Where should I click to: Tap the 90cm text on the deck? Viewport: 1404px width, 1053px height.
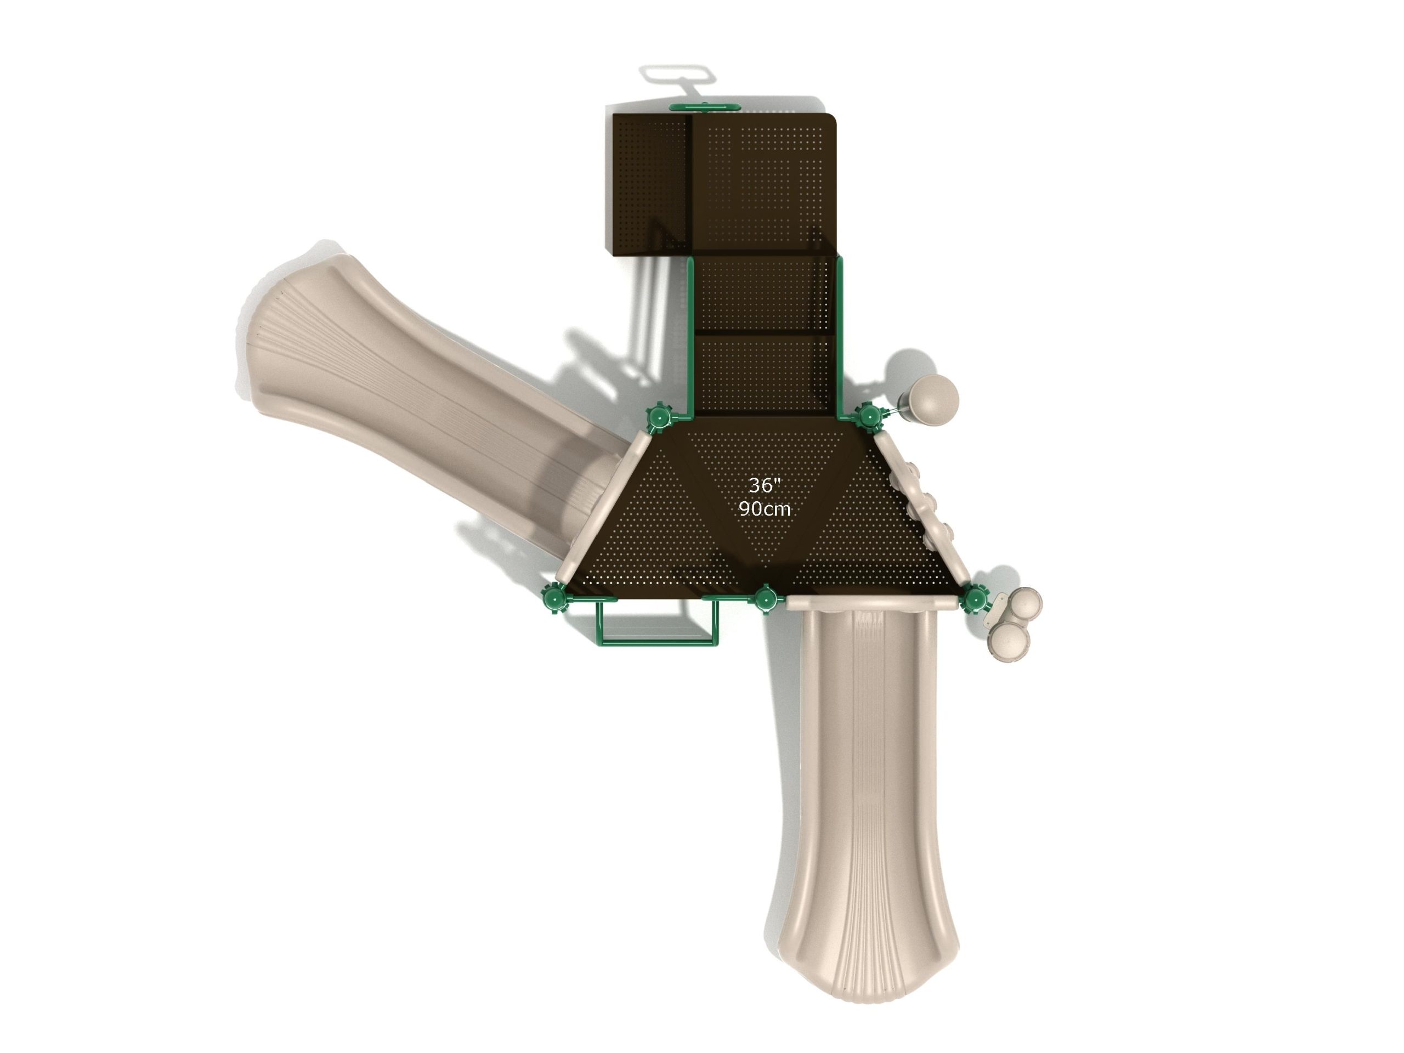(x=765, y=508)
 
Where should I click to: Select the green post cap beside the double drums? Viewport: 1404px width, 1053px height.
(x=973, y=598)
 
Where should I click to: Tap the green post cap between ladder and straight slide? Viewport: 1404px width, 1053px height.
(x=766, y=598)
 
